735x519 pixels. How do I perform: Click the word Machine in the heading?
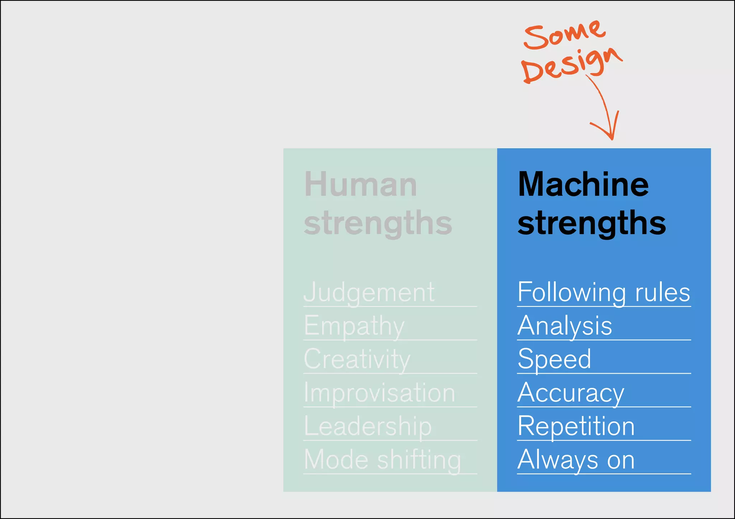[x=584, y=184]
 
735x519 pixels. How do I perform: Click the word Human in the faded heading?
[x=361, y=184]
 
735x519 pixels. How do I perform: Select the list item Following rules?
[x=604, y=292]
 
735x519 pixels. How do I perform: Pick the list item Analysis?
[x=565, y=326]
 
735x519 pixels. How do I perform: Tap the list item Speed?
[x=554, y=359]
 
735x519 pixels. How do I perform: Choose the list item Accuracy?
[x=571, y=393]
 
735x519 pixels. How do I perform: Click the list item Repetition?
[x=576, y=426]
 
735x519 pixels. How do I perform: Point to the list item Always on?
[x=576, y=460]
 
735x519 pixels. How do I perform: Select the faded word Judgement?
[x=369, y=292]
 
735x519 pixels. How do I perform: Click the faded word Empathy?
[x=354, y=326]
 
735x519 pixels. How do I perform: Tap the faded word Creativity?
[x=357, y=359]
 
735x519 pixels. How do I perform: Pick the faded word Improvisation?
[x=379, y=393]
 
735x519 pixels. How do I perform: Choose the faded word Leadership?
[x=368, y=426]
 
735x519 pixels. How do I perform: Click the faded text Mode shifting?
[x=383, y=460]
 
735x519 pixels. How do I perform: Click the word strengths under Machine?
[x=591, y=223]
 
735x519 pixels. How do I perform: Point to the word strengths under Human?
[x=378, y=223]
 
